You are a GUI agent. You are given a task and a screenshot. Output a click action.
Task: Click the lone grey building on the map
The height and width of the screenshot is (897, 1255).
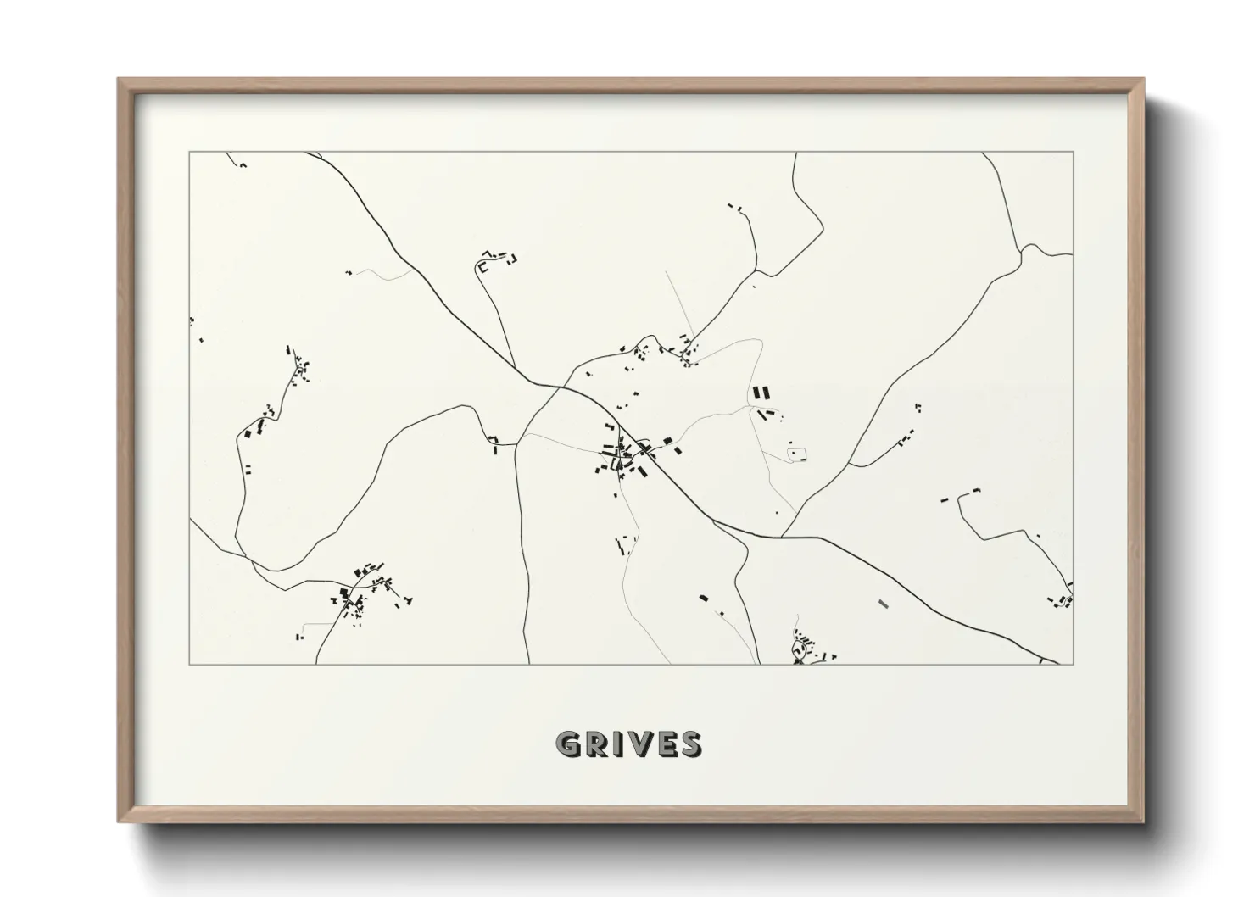tap(884, 604)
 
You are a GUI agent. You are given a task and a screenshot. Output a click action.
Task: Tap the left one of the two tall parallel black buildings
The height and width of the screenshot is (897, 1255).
tap(756, 393)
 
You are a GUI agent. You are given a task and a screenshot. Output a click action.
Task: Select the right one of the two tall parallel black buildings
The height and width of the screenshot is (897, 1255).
tap(766, 393)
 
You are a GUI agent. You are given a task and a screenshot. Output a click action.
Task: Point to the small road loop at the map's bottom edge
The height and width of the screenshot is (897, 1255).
tap(798, 650)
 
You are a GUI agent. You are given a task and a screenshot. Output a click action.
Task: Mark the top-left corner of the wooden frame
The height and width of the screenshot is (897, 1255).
tap(119, 80)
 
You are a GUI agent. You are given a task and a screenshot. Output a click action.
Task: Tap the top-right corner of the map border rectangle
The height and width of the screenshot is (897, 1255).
tap(1074, 152)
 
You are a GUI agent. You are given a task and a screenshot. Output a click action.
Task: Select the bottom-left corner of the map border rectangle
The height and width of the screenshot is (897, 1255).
tap(189, 664)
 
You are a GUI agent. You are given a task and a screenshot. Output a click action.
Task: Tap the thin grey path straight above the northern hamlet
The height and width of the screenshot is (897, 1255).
tap(678, 302)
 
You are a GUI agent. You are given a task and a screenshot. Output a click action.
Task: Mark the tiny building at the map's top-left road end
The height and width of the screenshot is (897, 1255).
tap(242, 164)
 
